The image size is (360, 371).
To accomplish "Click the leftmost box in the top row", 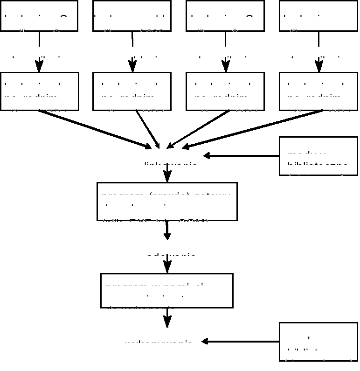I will pos(39,16).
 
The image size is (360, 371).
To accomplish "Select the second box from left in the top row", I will pos(132,16).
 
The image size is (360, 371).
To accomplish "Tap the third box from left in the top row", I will pos(225,16).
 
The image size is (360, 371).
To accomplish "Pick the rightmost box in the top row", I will pos(318,16).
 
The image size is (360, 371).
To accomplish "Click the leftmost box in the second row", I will pos(40,91).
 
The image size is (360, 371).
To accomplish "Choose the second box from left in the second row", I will pos(132,91).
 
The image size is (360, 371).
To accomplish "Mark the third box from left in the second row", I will pos(225,91).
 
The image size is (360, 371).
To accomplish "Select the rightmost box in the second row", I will pos(318,91).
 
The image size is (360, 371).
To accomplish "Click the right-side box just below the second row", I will pos(318,156).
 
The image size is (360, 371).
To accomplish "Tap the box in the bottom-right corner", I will pos(318,342).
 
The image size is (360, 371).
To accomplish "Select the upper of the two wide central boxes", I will pos(167,201).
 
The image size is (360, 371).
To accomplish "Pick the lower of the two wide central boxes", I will pos(167,291).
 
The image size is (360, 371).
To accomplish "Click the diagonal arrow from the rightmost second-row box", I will pos(252,130).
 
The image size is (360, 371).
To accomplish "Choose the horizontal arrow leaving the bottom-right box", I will pos(240,342).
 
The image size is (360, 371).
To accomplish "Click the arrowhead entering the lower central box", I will pos(167,267).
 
